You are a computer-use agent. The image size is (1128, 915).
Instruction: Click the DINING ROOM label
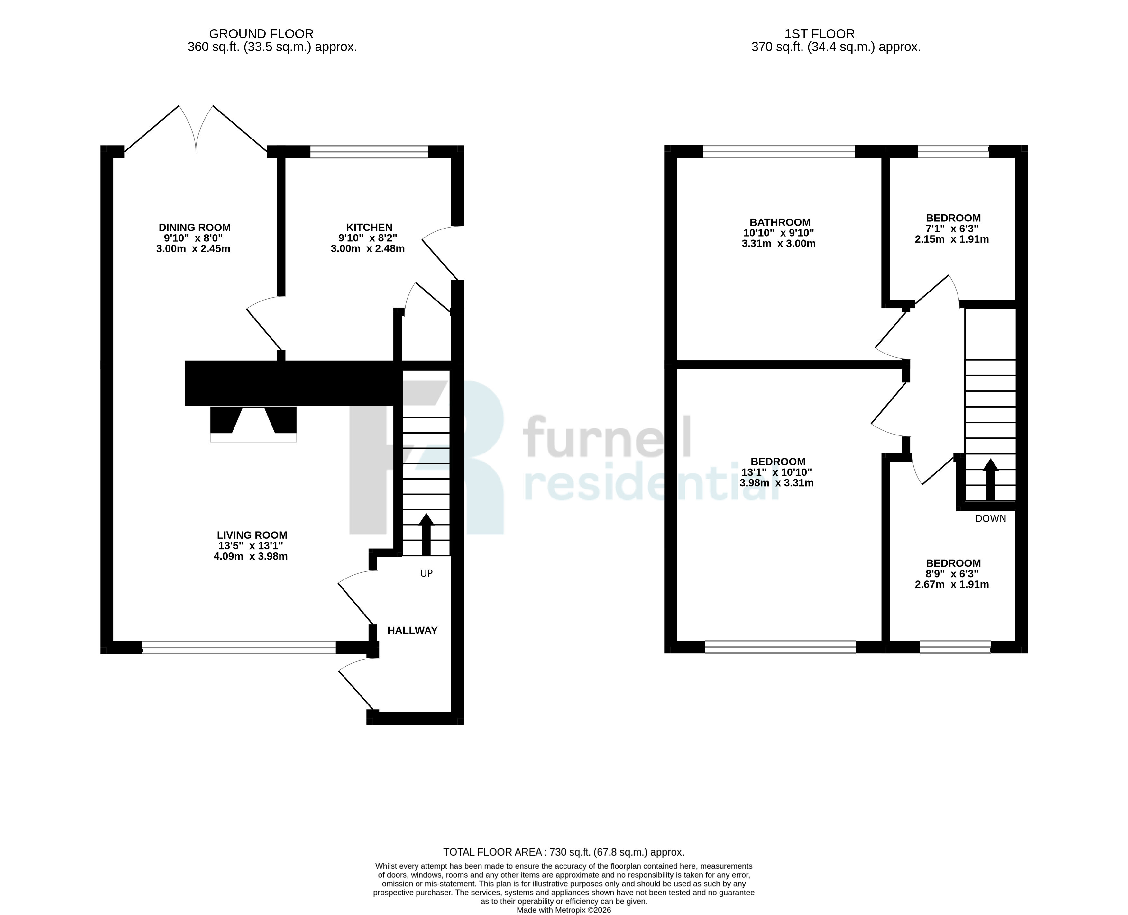(195, 228)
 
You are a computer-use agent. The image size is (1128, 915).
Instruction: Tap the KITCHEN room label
(369, 228)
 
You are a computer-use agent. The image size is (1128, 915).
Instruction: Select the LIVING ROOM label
(252, 535)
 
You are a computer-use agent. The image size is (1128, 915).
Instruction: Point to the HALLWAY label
(412, 630)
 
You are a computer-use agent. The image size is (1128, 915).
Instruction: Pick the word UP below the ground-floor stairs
(426, 573)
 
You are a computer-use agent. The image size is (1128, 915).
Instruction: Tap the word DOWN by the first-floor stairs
(990, 519)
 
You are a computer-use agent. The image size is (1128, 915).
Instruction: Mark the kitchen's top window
(369, 152)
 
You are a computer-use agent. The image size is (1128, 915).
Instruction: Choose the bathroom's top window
(779, 152)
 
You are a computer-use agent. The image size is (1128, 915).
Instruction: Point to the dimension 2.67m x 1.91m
(952, 585)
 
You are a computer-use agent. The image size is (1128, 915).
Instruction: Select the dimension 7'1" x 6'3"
(952, 229)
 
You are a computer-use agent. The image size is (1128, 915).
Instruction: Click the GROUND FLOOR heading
(261, 34)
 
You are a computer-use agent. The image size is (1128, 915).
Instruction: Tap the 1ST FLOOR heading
(820, 34)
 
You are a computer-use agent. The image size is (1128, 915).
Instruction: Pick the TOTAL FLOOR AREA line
(564, 852)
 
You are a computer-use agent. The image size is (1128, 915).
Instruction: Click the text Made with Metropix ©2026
(564, 910)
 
